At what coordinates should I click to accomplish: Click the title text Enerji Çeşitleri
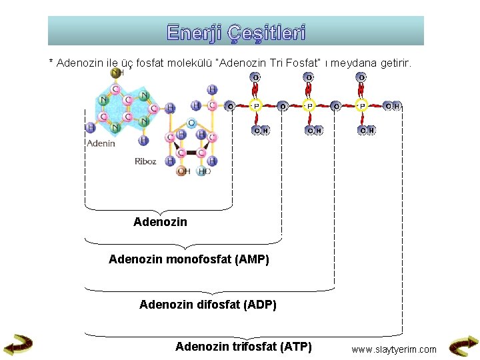pos(236,32)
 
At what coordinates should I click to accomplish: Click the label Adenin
pos(101,143)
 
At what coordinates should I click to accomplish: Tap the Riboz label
pos(145,161)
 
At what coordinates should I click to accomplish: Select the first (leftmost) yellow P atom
pos(255,105)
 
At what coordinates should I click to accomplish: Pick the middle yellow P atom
pos(309,105)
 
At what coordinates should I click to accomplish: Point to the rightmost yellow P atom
pos(362,105)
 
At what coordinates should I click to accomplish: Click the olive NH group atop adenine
pos(117,72)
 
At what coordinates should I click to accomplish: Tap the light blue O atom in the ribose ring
pos(191,123)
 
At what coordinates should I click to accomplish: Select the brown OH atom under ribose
pos(183,171)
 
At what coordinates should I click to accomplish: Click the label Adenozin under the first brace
pos(160,222)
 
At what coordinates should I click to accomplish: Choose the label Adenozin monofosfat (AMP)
pos(189,259)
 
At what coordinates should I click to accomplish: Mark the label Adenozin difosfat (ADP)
pos(207,305)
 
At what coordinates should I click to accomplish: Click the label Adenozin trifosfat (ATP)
pos(243,346)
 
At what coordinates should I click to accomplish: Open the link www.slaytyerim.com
pos(394,349)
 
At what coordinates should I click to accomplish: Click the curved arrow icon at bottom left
pos(18,344)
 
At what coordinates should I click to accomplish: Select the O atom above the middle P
pos(309,77)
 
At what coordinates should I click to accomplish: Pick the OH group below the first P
pos(261,130)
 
